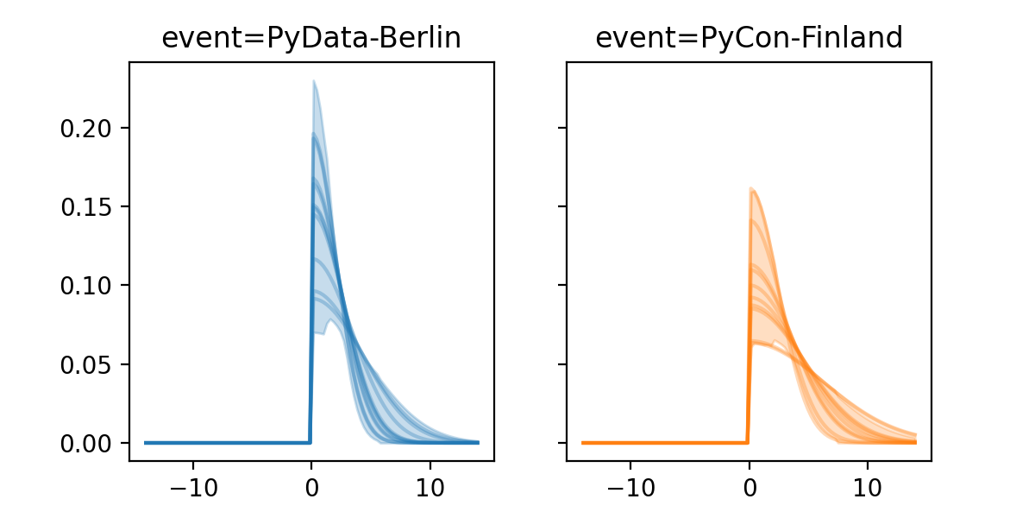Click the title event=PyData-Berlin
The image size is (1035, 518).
[311, 39]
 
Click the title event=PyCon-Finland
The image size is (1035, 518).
[749, 39]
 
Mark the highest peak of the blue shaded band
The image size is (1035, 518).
[314, 81]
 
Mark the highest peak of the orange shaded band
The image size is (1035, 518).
[752, 188]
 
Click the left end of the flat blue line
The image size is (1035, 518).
[146, 442]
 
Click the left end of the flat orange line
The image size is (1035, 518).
[583, 442]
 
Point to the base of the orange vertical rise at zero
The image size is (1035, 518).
[747, 442]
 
